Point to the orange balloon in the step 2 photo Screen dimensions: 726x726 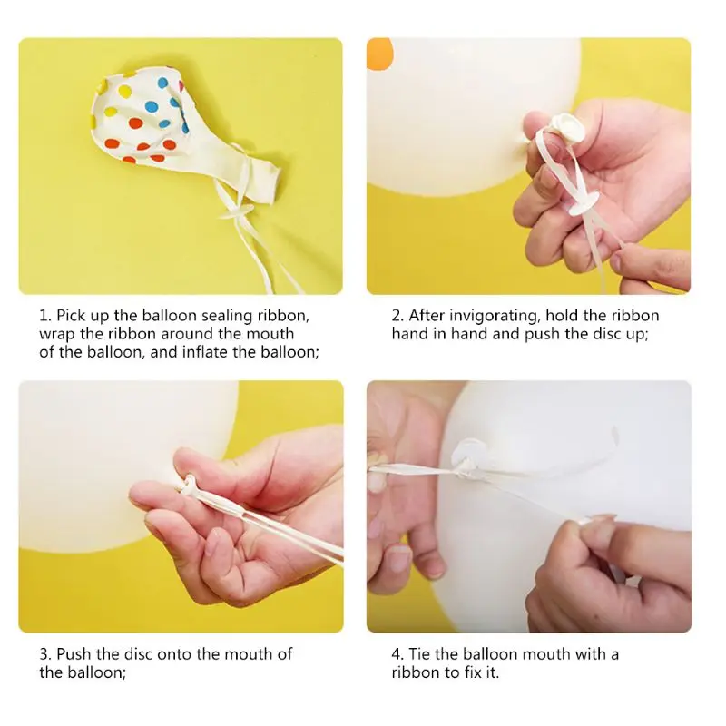click(x=378, y=54)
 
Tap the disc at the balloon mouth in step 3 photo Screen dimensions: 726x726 click(x=188, y=486)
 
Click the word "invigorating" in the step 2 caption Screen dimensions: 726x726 click(x=495, y=316)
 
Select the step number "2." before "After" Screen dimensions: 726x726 click(x=397, y=316)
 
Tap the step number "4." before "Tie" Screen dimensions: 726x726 click(x=397, y=654)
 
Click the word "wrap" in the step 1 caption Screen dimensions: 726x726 click(x=55, y=334)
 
